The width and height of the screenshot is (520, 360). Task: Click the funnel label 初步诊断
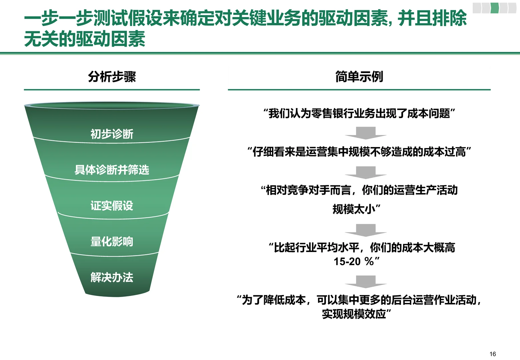(x=112, y=134)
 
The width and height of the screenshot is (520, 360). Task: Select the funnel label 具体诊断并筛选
(x=112, y=170)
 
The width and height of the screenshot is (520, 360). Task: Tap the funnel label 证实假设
(x=112, y=205)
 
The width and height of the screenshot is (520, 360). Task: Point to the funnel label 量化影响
(x=112, y=241)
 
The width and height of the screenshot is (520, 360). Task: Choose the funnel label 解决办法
(x=112, y=277)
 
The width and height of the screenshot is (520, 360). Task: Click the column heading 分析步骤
(x=112, y=77)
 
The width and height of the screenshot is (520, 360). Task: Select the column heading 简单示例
(x=359, y=77)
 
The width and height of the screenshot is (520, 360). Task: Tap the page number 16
(x=493, y=354)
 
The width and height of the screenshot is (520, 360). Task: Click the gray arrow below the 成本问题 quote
(x=366, y=133)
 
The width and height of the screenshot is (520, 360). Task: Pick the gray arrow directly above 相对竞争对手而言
(x=366, y=172)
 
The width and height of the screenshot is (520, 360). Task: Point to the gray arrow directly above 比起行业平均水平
(x=366, y=230)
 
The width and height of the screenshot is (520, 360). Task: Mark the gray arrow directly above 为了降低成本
(x=366, y=281)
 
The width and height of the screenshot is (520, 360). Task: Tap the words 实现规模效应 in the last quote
(x=354, y=314)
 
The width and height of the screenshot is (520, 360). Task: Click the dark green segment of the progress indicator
(x=495, y=8)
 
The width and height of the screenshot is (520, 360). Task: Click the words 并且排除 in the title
(x=432, y=18)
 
